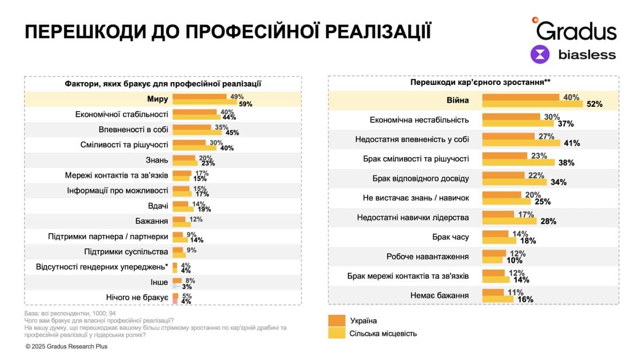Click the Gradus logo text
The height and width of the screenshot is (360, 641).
point(577,30)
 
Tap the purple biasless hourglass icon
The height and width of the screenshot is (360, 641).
point(540,54)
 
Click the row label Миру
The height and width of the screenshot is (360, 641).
point(158,99)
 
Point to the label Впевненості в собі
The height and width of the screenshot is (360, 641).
point(134,129)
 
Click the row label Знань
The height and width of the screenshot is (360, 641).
point(158,160)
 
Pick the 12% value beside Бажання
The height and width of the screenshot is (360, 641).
point(195,220)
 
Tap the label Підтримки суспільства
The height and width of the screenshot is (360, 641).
point(126,251)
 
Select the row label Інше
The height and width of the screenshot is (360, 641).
point(159,281)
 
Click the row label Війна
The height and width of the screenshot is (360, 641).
point(457,100)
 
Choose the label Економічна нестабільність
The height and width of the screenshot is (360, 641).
point(419,120)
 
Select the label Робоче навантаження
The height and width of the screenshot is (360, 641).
point(427,256)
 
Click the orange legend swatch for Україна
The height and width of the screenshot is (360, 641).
point(337,320)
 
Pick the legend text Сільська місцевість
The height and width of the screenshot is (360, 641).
point(383,334)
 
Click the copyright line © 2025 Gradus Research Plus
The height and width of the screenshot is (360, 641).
point(66,346)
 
